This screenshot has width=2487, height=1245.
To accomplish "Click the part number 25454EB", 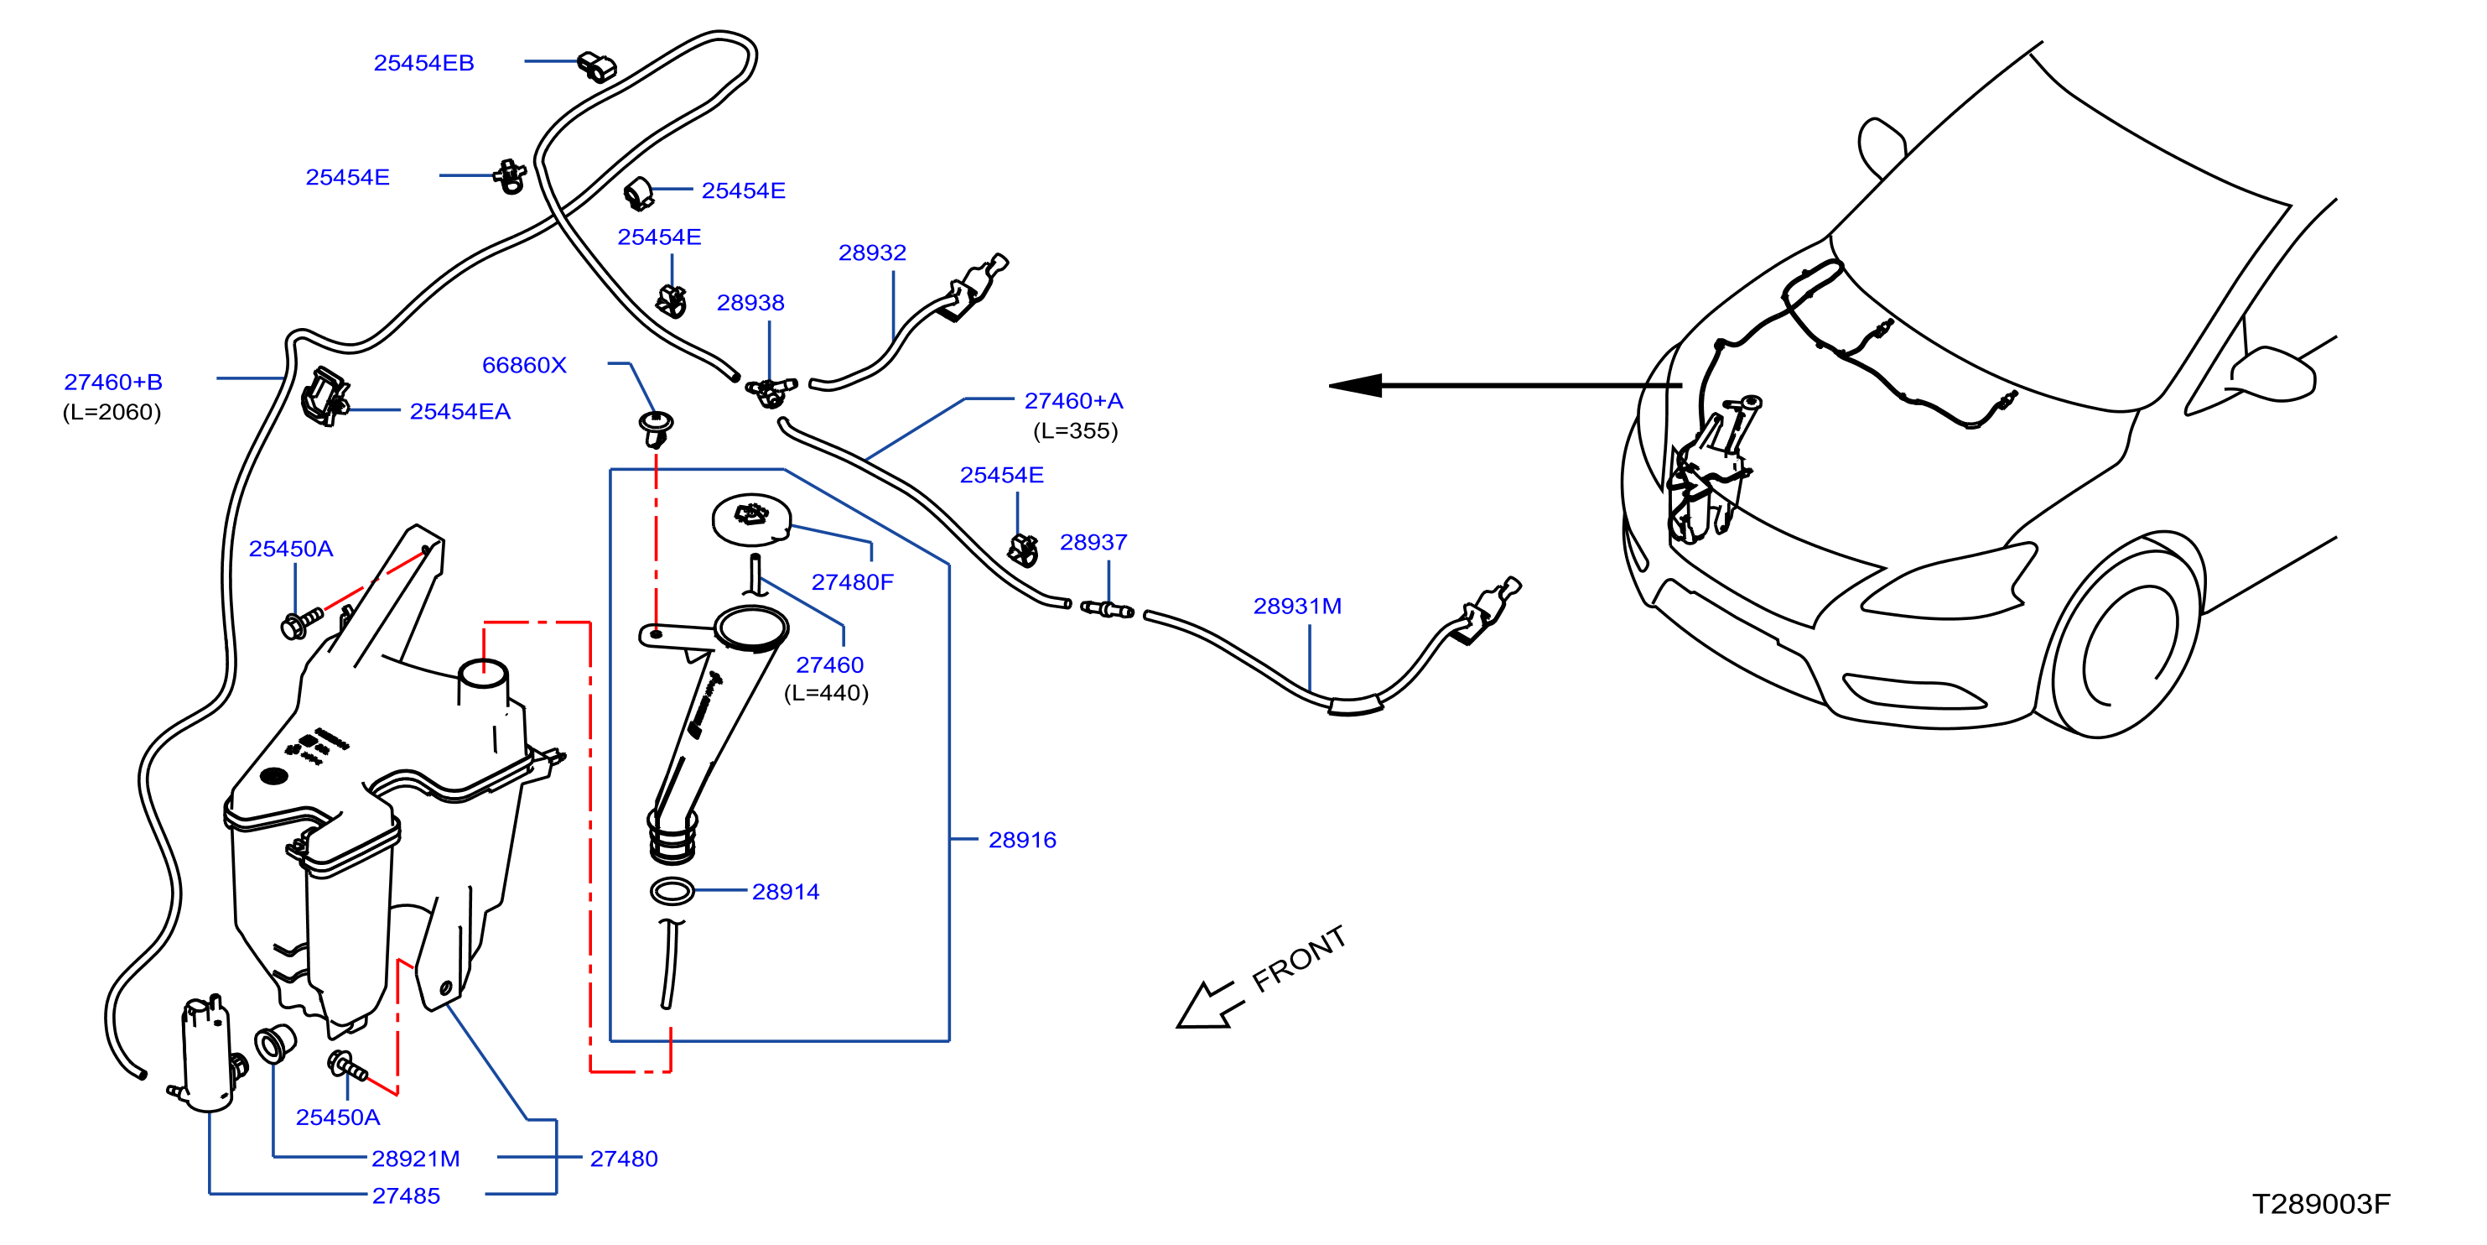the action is coord(423,63).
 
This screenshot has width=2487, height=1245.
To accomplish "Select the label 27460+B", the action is coord(113,382).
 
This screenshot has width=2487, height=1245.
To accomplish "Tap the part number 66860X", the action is coord(524,365).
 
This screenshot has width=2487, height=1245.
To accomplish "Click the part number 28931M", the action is coord(1296,606).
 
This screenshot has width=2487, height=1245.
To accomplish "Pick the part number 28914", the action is coord(785,892).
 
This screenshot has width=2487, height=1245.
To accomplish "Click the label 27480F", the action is coord(853,581).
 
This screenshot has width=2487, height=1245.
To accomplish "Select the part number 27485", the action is coord(406,1196).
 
